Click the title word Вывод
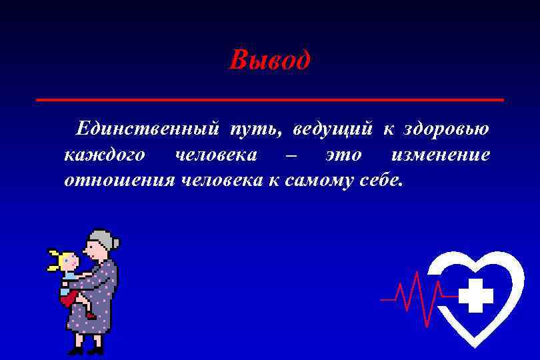click(x=269, y=61)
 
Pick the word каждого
click(x=104, y=155)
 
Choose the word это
click(x=343, y=155)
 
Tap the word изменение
click(x=441, y=155)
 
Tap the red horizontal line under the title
click(x=269, y=99)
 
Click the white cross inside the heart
click(x=476, y=295)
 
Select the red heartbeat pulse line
click(x=413, y=293)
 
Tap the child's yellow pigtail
click(x=53, y=261)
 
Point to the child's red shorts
click(x=68, y=299)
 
